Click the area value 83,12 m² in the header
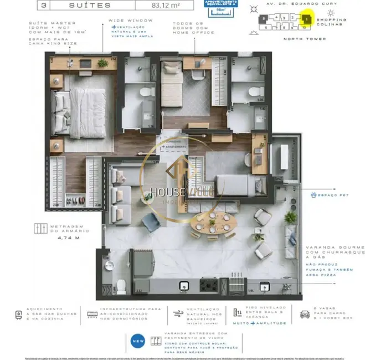tap(172, 5)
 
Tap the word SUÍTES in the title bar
tap(89, 5)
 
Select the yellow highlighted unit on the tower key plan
tap(307, 19)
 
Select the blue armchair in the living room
tap(151, 222)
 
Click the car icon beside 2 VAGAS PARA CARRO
tap(305, 314)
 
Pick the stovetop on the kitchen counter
tap(210, 285)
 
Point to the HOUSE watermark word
tap(164, 193)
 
